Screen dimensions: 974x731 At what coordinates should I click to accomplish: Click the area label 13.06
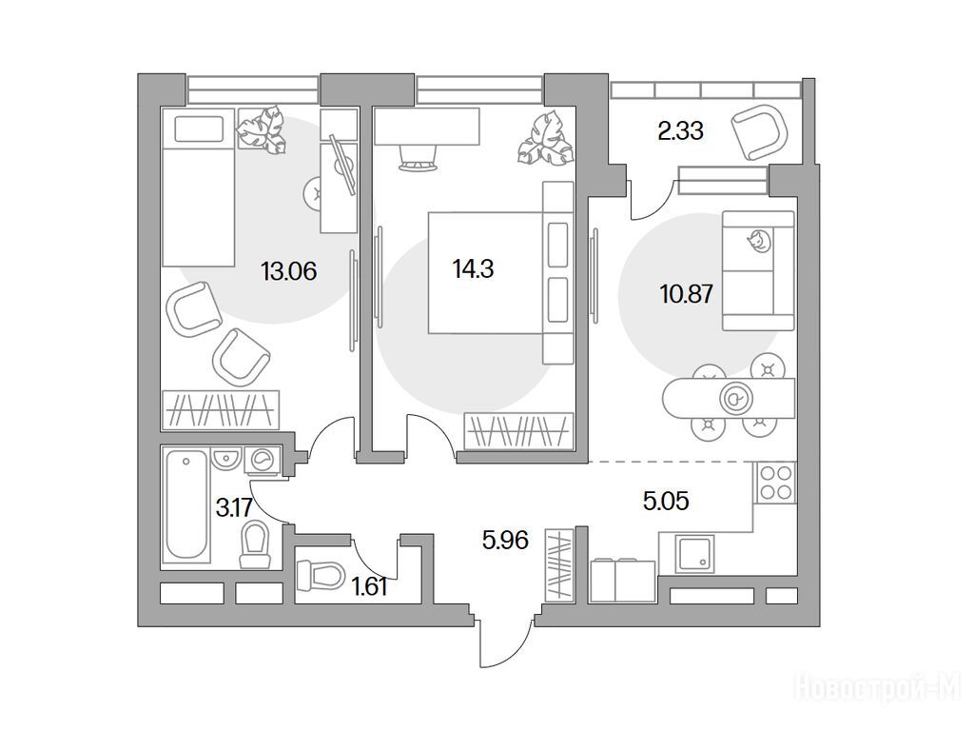click(289, 271)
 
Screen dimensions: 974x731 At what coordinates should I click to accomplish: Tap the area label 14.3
click(474, 269)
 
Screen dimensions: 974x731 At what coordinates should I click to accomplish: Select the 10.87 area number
click(686, 293)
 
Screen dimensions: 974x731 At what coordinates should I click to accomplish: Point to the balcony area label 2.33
click(680, 131)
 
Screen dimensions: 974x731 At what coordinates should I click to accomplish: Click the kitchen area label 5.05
click(666, 501)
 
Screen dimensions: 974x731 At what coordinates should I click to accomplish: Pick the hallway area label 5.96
click(505, 541)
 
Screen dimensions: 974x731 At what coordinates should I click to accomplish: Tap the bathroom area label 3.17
click(234, 508)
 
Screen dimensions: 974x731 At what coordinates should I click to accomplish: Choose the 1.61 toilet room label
click(370, 586)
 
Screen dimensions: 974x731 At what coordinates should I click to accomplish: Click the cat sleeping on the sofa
click(758, 241)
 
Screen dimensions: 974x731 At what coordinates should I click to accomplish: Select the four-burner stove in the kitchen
click(775, 483)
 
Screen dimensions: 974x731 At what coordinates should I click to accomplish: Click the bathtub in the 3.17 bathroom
click(185, 504)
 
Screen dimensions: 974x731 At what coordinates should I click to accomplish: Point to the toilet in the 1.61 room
click(321, 576)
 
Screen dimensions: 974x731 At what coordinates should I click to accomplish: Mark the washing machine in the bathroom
click(263, 462)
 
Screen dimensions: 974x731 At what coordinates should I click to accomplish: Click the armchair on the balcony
click(759, 133)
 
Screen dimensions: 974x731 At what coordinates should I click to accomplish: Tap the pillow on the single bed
click(199, 129)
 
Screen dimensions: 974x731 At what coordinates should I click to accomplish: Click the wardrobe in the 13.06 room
click(221, 409)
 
